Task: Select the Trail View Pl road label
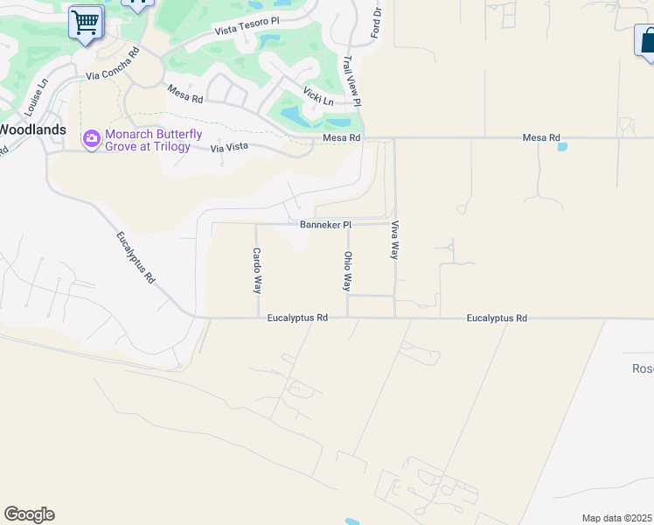click(352, 82)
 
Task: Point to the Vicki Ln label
click(318, 95)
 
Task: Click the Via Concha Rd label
click(113, 64)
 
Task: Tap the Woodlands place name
click(32, 129)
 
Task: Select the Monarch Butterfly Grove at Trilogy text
click(153, 140)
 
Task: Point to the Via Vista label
click(229, 148)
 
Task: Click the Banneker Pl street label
click(325, 225)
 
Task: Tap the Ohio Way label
click(348, 271)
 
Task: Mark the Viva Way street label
click(395, 239)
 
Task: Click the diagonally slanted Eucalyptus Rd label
click(136, 257)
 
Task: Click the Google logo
click(29, 514)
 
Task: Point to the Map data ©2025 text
click(617, 518)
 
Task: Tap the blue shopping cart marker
click(86, 22)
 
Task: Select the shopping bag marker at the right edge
click(646, 41)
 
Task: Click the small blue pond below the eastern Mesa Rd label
click(561, 147)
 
